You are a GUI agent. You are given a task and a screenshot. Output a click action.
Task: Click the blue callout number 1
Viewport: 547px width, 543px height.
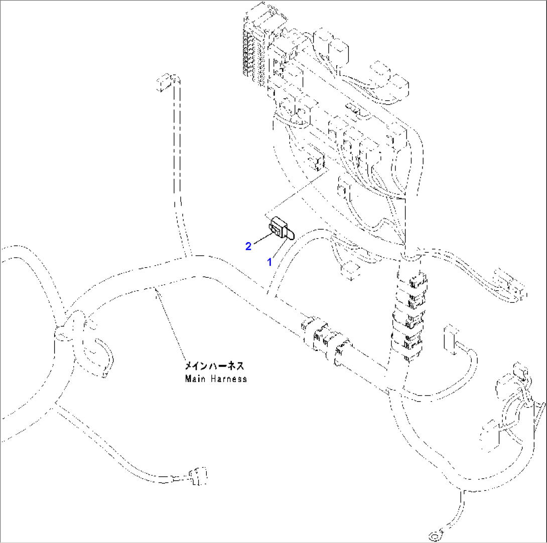pyautogui.click(x=269, y=261)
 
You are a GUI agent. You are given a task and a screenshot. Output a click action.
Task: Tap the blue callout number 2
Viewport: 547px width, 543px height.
pyautogui.click(x=248, y=246)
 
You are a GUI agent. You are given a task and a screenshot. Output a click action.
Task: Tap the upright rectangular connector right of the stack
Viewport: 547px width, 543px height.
pyautogui.click(x=450, y=340)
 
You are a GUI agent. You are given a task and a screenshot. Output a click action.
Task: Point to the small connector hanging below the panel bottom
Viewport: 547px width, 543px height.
pyautogui.click(x=349, y=271)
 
